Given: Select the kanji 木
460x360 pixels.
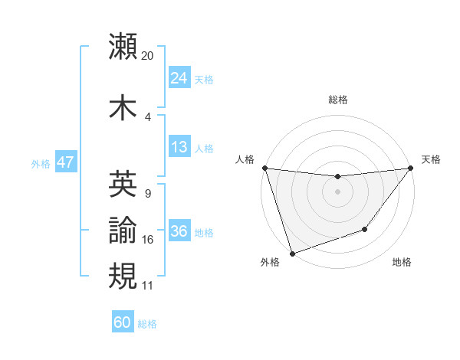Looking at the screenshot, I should [x=123, y=106].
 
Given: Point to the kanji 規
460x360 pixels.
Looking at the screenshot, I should [x=123, y=275].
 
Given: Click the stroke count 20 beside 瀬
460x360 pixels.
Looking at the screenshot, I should [x=148, y=55].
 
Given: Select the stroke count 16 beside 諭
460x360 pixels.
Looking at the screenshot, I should [x=148, y=240].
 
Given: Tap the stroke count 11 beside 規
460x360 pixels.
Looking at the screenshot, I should [x=148, y=285].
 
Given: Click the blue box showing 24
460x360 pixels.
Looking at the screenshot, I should [x=179, y=78].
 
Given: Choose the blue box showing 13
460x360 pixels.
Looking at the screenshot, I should [x=179, y=147].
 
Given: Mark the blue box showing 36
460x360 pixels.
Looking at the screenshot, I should [x=179, y=231].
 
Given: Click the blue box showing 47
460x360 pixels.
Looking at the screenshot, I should [x=65, y=162].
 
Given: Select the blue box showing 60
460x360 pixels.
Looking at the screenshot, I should [x=122, y=322].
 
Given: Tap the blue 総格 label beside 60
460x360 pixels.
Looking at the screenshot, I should [x=147, y=324].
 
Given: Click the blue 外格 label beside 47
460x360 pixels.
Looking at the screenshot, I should [x=40, y=163].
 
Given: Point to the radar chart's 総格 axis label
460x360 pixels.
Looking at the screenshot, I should [x=337, y=100].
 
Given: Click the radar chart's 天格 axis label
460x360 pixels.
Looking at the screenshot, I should [x=432, y=159].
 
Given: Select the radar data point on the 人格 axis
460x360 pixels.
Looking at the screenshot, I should [x=264, y=168].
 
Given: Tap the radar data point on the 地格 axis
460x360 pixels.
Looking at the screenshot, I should [x=365, y=229].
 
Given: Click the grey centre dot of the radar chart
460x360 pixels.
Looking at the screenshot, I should [x=337, y=191].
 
